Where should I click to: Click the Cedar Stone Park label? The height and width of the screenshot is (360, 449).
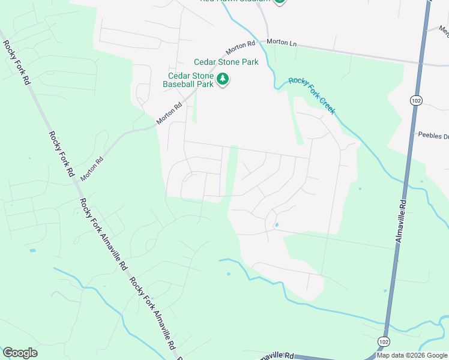tap(225, 62)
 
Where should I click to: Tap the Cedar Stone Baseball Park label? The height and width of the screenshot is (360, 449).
tap(189, 80)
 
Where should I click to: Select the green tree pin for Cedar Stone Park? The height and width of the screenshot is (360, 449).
tap(223, 79)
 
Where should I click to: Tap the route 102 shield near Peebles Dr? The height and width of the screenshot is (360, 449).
tap(415, 100)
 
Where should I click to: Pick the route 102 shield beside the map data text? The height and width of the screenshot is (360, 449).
tap(383, 341)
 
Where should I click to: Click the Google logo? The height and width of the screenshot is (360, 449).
tap(20, 353)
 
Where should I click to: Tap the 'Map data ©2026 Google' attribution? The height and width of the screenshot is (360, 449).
tap(412, 355)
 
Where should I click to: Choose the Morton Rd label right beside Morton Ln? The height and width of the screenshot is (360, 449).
tap(242, 47)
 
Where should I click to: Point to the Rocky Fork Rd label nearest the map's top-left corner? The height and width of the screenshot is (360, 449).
tap(17, 61)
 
